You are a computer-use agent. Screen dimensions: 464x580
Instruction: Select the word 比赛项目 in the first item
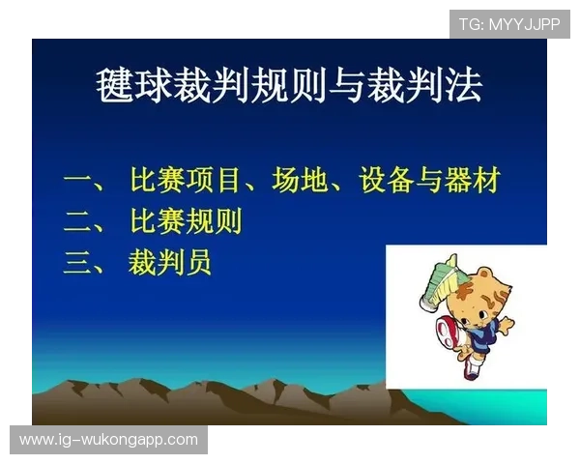click(186, 181)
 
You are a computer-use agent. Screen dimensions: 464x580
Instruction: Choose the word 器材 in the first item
click(473, 181)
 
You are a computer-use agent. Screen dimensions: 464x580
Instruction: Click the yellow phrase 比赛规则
click(186, 222)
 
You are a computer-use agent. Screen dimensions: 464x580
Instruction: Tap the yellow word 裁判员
click(170, 263)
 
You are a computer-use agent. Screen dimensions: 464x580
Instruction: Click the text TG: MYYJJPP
click(509, 24)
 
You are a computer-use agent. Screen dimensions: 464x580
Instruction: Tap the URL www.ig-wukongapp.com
click(108, 440)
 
